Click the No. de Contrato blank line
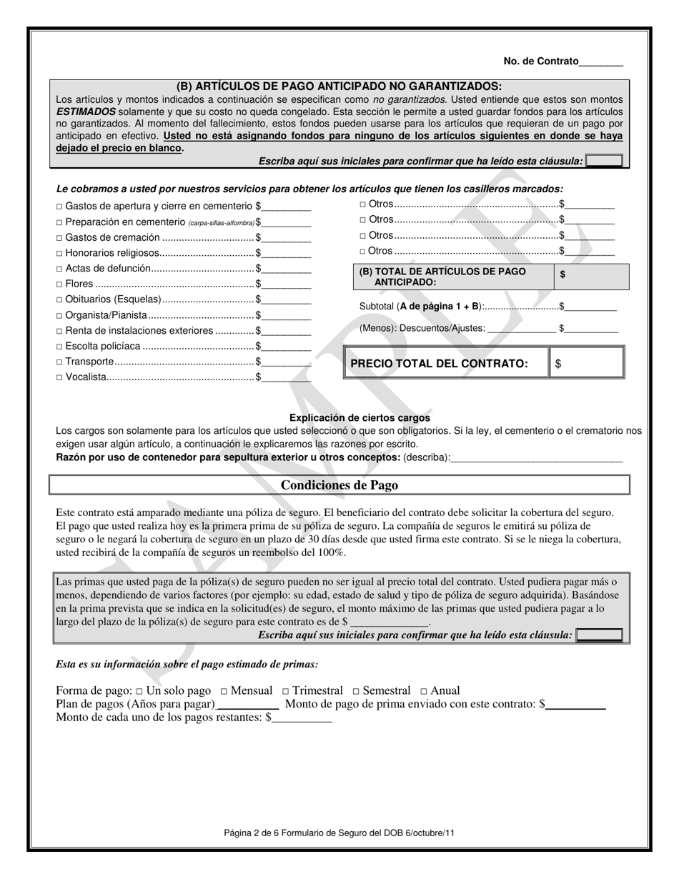coord(600,62)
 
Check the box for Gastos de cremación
coord(59,237)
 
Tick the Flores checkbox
coord(59,284)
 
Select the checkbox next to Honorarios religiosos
coord(59,253)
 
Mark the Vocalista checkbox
coord(59,377)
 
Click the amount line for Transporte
coord(287,362)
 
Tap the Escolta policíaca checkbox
coord(59,347)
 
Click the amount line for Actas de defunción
coord(287,269)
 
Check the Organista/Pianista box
coord(59,315)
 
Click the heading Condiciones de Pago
coord(339,485)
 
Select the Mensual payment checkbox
coord(224,691)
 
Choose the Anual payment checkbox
coord(424,691)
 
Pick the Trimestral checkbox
coord(286,691)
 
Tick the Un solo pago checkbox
coord(139,691)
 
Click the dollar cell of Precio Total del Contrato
coord(588,363)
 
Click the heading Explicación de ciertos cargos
coord(360,417)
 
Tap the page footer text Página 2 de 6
coord(339,833)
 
